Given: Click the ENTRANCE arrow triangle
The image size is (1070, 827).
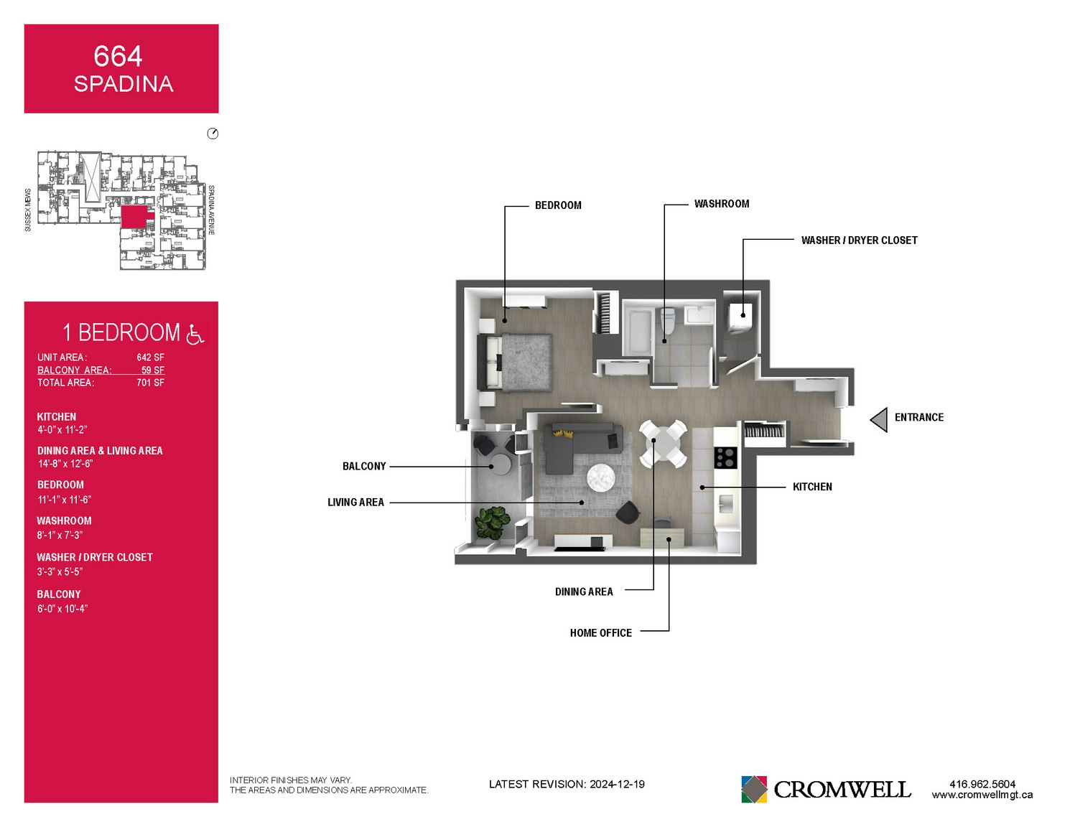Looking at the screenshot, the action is [x=880, y=420].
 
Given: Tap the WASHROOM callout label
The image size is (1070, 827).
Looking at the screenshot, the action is [x=722, y=204].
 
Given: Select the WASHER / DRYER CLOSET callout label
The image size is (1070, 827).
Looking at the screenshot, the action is [x=860, y=240].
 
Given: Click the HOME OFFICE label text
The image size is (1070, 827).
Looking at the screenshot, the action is [x=601, y=633].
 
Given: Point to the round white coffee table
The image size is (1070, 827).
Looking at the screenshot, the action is [x=601, y=477].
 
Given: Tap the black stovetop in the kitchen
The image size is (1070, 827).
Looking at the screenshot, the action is [x=725, y=457].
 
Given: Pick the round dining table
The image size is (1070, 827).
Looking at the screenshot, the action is [x=664, y=444].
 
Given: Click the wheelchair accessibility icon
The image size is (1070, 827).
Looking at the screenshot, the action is [x=195, y=334].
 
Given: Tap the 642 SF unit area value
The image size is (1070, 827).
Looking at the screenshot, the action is [x=150, y=358].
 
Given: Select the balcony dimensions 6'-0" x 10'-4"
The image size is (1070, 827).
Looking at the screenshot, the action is [x=62, y=609].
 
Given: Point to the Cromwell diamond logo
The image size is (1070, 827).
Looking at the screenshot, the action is [x=754, y=789].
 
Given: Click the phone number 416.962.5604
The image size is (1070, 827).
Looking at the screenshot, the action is [x=982, y=784].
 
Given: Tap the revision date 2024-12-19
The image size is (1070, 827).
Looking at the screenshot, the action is [x=617, y=784].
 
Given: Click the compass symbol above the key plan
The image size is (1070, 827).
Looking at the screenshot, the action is [x=213, y=134].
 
